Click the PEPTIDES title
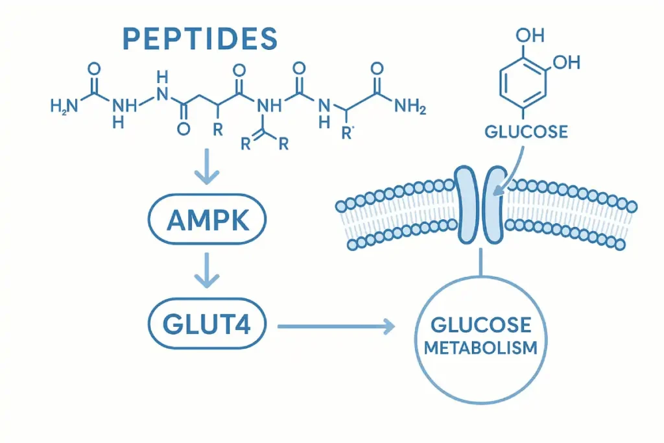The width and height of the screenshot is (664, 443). pyautogui.click(x=199, y=39)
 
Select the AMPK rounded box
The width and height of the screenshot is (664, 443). pyautogui.click(x=207, y=222)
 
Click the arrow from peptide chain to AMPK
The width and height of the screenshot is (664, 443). pyautogui.click(x=207, y=168)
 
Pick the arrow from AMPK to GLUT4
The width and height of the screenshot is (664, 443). pyautogui.click(x=207, y=272)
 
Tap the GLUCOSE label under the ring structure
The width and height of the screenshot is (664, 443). pyautogui.click(x=526, y=132)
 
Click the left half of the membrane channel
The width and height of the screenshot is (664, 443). pyautogui.click(x=466, y=204)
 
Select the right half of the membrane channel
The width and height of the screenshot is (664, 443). pyautogui.click(x=495, y=204)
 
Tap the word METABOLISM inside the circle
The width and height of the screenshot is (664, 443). pyautogui.click(x=480, y=347)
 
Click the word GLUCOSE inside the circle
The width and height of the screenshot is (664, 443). pyautogui.click(x=480, y=324)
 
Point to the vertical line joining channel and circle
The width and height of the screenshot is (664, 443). pyautogui.click(x=480, y=266)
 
